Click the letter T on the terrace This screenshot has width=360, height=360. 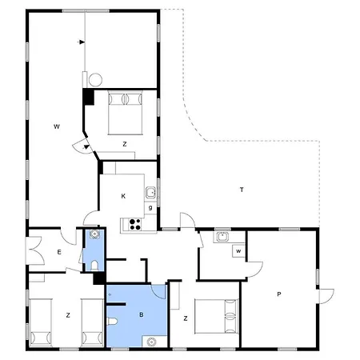pyautogui.click(x=242, y=190)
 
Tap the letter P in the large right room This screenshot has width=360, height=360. pyautogui.click(x=279, y=294)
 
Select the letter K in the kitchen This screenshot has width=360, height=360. pyautogui.click(x=123, y=196)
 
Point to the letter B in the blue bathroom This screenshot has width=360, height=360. pyautogui.click(x=142, y=314)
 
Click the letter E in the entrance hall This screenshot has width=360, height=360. pyautogui.click(x=59, y=252)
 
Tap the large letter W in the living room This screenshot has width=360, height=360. pyautogui.click(x=57, y=126)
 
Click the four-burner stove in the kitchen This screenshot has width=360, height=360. pyautogui.click(x=135, y=224)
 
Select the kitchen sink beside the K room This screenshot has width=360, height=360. pyautogui.click(x=150, y=192)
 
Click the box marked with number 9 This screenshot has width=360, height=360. pyautogui.click(x=150, y=208)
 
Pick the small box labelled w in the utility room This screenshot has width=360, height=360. pyautogui.click(x=238, y=251)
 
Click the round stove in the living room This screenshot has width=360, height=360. pyautogui.click(x=95, y=80)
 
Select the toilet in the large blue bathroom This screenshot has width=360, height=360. pyautogui.click(x=112, y=321)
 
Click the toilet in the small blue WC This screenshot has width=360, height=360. pyautogui.click(x=94, y=266)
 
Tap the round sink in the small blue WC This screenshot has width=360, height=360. pyautogui.click(x=94, y=234)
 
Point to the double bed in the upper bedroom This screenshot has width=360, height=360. pyautogui.click(x=125, y=113)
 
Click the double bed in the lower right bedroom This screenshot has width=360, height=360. pyautogui.click(x=216, y=316)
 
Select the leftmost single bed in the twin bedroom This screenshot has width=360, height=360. pyautogui.click(x=40, y=322)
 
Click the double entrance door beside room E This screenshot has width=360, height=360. pyautogui.click(x=35, y=250)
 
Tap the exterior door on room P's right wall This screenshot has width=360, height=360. pyautogui.click(x=326, y=296)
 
